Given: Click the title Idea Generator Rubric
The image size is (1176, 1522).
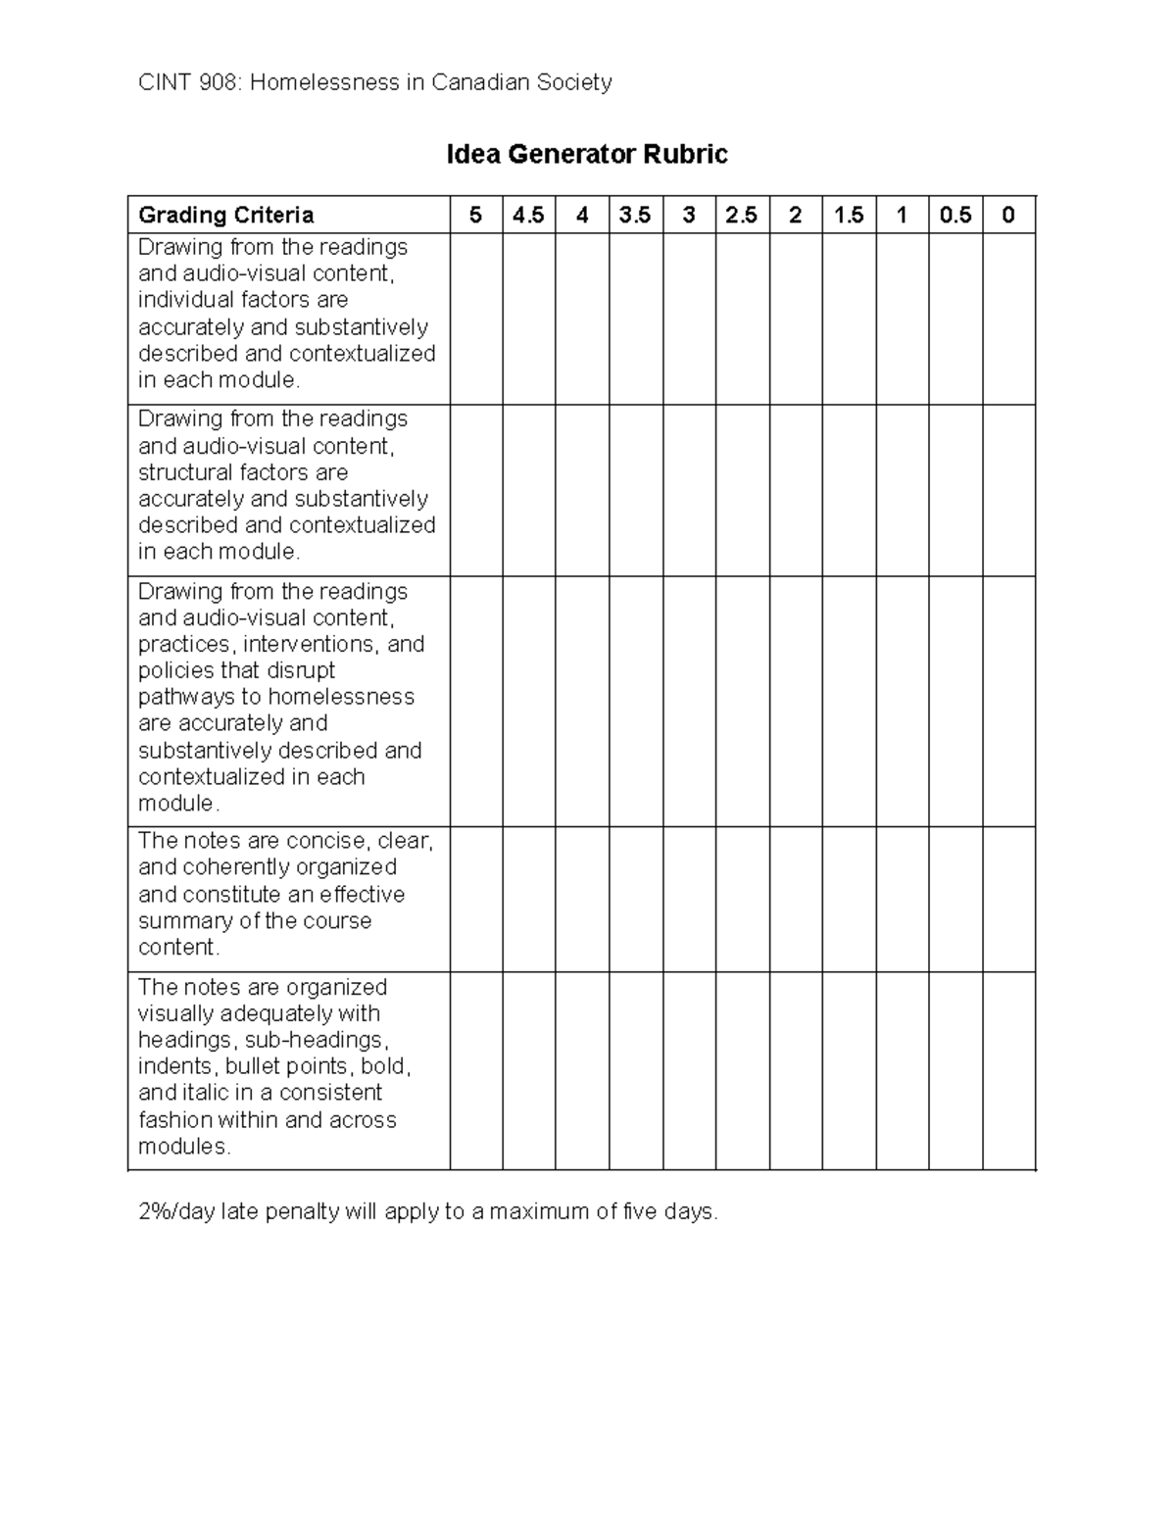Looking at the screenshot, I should pos(586,155).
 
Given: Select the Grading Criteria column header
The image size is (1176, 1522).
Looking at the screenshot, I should pos(226,215).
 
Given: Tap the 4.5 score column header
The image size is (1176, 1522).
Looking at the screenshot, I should pos(528,215).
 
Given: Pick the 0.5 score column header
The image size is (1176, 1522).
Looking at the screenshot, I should pos(955,215).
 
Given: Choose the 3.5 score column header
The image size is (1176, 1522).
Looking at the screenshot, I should pos(635,215).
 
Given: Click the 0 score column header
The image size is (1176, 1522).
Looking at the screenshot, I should pos(1008,215).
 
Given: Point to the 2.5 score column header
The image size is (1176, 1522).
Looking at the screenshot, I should pos(742,215).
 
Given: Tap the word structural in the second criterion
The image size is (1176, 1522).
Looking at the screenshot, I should pos(185,472).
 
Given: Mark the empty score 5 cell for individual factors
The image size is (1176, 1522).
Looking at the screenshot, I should pos(476,319).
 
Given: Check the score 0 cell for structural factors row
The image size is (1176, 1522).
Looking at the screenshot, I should pos(1008,490).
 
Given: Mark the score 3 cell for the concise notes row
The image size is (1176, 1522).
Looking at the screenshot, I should pos(689,899).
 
